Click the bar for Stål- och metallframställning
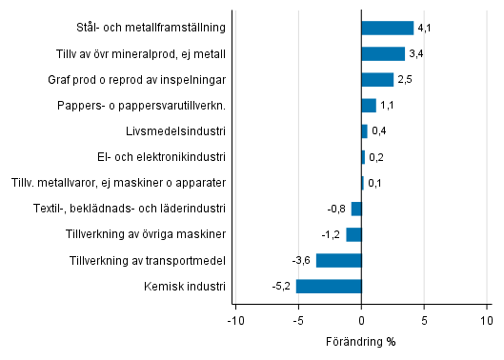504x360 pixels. tap(387, 28)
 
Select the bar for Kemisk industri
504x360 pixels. tap(329, 286)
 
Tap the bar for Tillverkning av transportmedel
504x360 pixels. tap(338, 260)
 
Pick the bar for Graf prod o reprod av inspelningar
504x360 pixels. tap(377, 79)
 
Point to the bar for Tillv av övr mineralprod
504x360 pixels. tap(383, 53)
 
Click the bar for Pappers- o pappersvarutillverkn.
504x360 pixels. tap(369, 105)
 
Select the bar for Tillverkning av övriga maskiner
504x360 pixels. tap(353, 234)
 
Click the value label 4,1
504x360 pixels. tap(425, 29)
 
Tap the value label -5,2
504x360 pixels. tap(282, 286)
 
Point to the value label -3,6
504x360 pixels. tap(302, 260)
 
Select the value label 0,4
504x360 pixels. tap(378, 131)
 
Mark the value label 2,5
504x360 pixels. tap(405, 80)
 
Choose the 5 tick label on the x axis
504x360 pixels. tap(425, 321)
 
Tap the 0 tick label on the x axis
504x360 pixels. tap(362, 321)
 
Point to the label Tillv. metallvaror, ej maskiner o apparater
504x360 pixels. tap(118, 182)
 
